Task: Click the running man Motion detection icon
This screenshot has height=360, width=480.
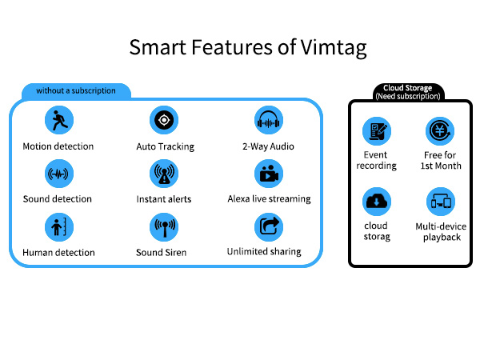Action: tap(59, 120)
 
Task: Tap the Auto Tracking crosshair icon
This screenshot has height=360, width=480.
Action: tap(164, 120)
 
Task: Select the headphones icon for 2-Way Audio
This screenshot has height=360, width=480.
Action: tap(269, 120)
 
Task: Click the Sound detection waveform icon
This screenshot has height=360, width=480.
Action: tap(59, 174)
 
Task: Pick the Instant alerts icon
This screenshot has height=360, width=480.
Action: tap(164, 174)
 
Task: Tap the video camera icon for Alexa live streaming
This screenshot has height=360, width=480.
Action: tap(269, 174)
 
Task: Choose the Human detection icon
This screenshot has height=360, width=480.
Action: tap(59, 227)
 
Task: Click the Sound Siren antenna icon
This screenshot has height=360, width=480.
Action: tap(164, 227)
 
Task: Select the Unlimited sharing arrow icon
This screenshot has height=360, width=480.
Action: tap(269, 227)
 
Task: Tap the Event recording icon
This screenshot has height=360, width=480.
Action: tap(377, 131)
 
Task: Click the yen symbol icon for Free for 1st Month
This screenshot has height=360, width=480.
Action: tap(440, 131)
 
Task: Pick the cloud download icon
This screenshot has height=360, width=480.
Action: tap(377, 202)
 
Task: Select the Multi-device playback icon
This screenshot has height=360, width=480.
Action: tap(441, 202)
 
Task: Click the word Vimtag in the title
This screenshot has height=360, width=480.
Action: tap(334, 48)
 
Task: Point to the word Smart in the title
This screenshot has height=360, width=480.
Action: tap(158, 47)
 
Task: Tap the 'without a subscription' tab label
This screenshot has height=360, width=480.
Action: tap(76, 90)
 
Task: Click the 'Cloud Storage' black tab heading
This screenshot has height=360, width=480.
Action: tap(408, 88)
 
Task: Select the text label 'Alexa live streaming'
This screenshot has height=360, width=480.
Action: tap(269, 199)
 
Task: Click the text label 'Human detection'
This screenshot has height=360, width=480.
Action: tap(58, 253)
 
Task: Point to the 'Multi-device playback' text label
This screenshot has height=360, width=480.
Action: tap(441, 232)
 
